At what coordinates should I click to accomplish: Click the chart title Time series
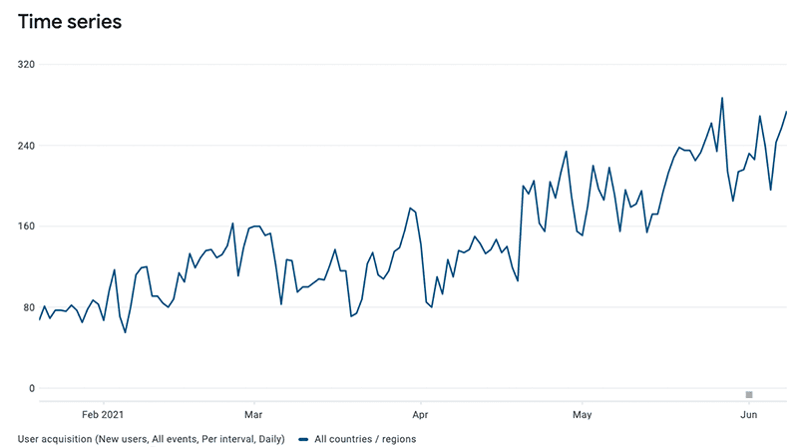point(70,22)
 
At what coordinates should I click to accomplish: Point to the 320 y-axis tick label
point(26,65)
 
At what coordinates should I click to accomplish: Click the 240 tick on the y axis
point(26,146)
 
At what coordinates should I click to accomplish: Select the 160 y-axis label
point(26,226)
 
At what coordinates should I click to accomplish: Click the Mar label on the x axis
point(252,412)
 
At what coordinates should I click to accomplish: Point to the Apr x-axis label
point(420,412)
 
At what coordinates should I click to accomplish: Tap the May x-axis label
point(584,412)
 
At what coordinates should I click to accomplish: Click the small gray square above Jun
point(749,394)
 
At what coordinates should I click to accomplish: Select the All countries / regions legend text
point(365,438)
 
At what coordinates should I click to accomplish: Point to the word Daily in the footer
point(267,438)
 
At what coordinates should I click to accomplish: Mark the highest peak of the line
point(722,98)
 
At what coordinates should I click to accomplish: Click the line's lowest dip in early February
point(125,332)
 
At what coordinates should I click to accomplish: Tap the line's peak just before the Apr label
point(409,209)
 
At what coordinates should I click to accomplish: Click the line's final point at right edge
point(786,112)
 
